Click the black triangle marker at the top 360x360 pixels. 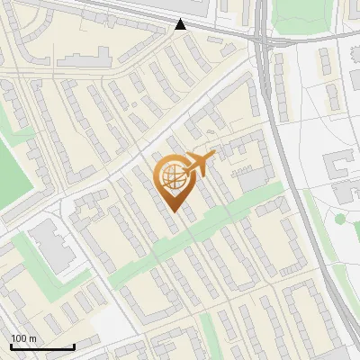(x=181, y=24)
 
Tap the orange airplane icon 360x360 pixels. (x=200, y=164)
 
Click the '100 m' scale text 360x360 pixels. (x=23, y=338)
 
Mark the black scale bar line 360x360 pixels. (x=42, y=347)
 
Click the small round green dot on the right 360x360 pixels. (x=340, y=219)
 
